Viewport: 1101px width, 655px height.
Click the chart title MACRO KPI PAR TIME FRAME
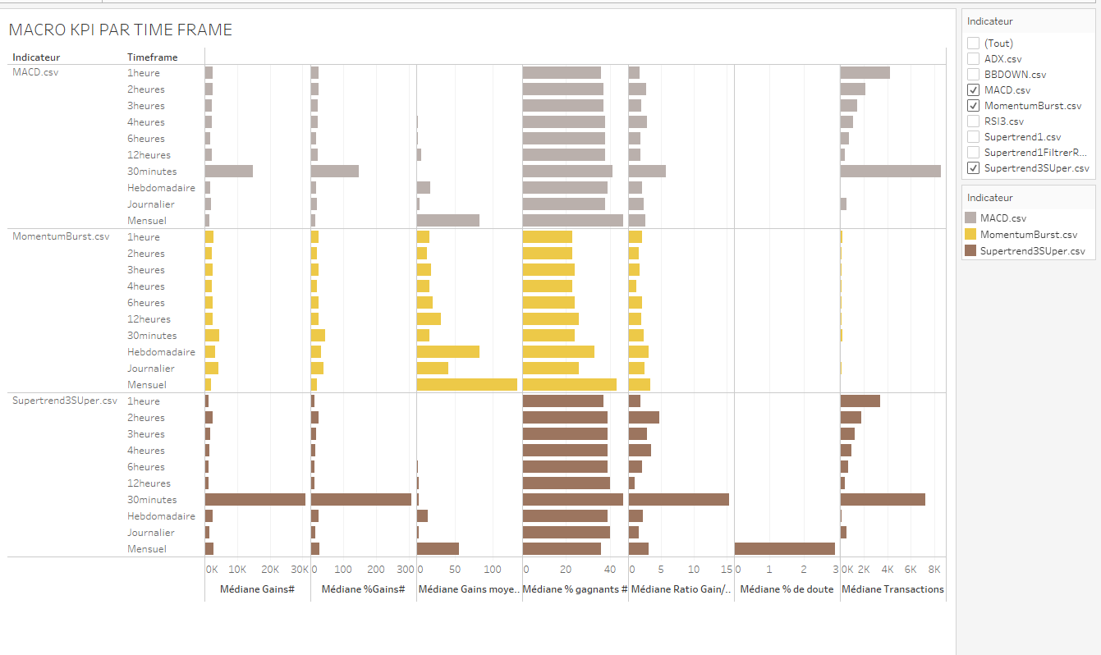point(120,30)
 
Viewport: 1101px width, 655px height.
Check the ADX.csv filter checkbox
point(974,59)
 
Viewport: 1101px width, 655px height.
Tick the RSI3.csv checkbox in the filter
point(974,121)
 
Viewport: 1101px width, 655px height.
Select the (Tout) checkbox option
point(974,44)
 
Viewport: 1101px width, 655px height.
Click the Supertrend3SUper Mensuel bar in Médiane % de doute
point(784,549)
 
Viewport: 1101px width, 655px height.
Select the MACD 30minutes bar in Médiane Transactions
point(890,172)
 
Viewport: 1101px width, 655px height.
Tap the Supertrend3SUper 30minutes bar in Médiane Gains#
point(255,500)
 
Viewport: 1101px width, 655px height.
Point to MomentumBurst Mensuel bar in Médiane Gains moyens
point(466,385)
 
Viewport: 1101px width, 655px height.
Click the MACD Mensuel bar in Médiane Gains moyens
point(447,221)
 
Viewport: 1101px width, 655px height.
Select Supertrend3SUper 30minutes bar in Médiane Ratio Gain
point(678,500)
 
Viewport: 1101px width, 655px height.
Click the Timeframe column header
point(153,57)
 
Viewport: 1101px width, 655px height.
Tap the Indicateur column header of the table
point(36,57)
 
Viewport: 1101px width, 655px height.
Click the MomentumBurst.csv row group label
point(61,237)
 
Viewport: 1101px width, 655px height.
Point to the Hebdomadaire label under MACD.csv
point(161,188)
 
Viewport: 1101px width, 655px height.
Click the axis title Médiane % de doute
point(787,589)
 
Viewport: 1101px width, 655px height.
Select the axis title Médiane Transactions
point(892,589)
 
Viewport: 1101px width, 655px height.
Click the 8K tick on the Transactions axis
point(934,570)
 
